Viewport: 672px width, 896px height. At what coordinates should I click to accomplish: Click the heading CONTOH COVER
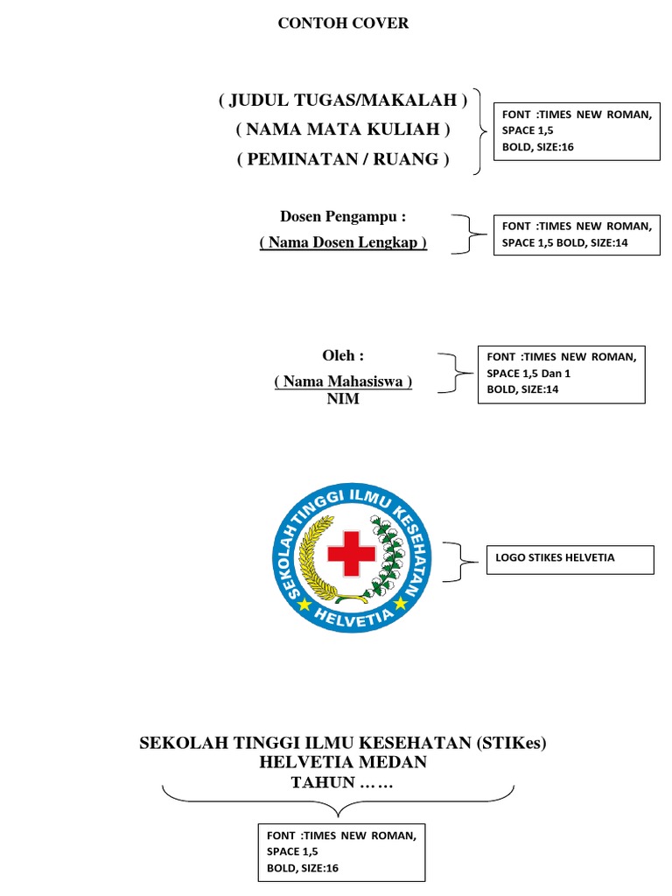pyautogui.click(x=343, y=24)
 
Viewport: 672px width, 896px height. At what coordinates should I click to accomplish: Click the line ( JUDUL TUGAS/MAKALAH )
pyautogui.click(x=343, y=100)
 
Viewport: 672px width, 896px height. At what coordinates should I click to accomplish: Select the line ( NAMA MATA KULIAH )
pyautogui.click(x=343, y=129)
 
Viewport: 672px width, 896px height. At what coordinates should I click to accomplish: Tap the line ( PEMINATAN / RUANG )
pyautogui.click(x=343, y=159)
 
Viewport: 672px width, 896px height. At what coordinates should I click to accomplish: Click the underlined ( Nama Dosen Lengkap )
pyautogui.click(x=343, y=242)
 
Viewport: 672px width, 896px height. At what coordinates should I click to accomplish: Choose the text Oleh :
pyautogui.click(x=343, y=355)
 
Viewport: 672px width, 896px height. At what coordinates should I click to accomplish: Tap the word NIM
pyautogui.click(x=343, y=400)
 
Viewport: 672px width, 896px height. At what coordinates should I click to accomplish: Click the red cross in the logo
pyautogui.click(x=352, y=553)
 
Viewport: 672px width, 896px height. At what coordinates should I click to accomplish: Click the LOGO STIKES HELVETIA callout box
pyautogui.click(x=570, y=560)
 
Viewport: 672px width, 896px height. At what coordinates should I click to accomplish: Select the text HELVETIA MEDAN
pyautogui.click(x=343, y=762)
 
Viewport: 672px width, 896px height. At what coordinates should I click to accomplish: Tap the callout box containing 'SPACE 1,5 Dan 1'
pyautogui.click(x=561, y=374)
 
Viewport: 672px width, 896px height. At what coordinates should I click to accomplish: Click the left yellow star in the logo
pyautogui.click(x=304, y=604)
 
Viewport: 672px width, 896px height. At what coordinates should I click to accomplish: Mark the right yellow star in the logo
pyautogui.click(x=400, y=604)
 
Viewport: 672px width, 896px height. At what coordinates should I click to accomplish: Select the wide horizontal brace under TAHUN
pyautogui.click(x=339, y=797)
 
